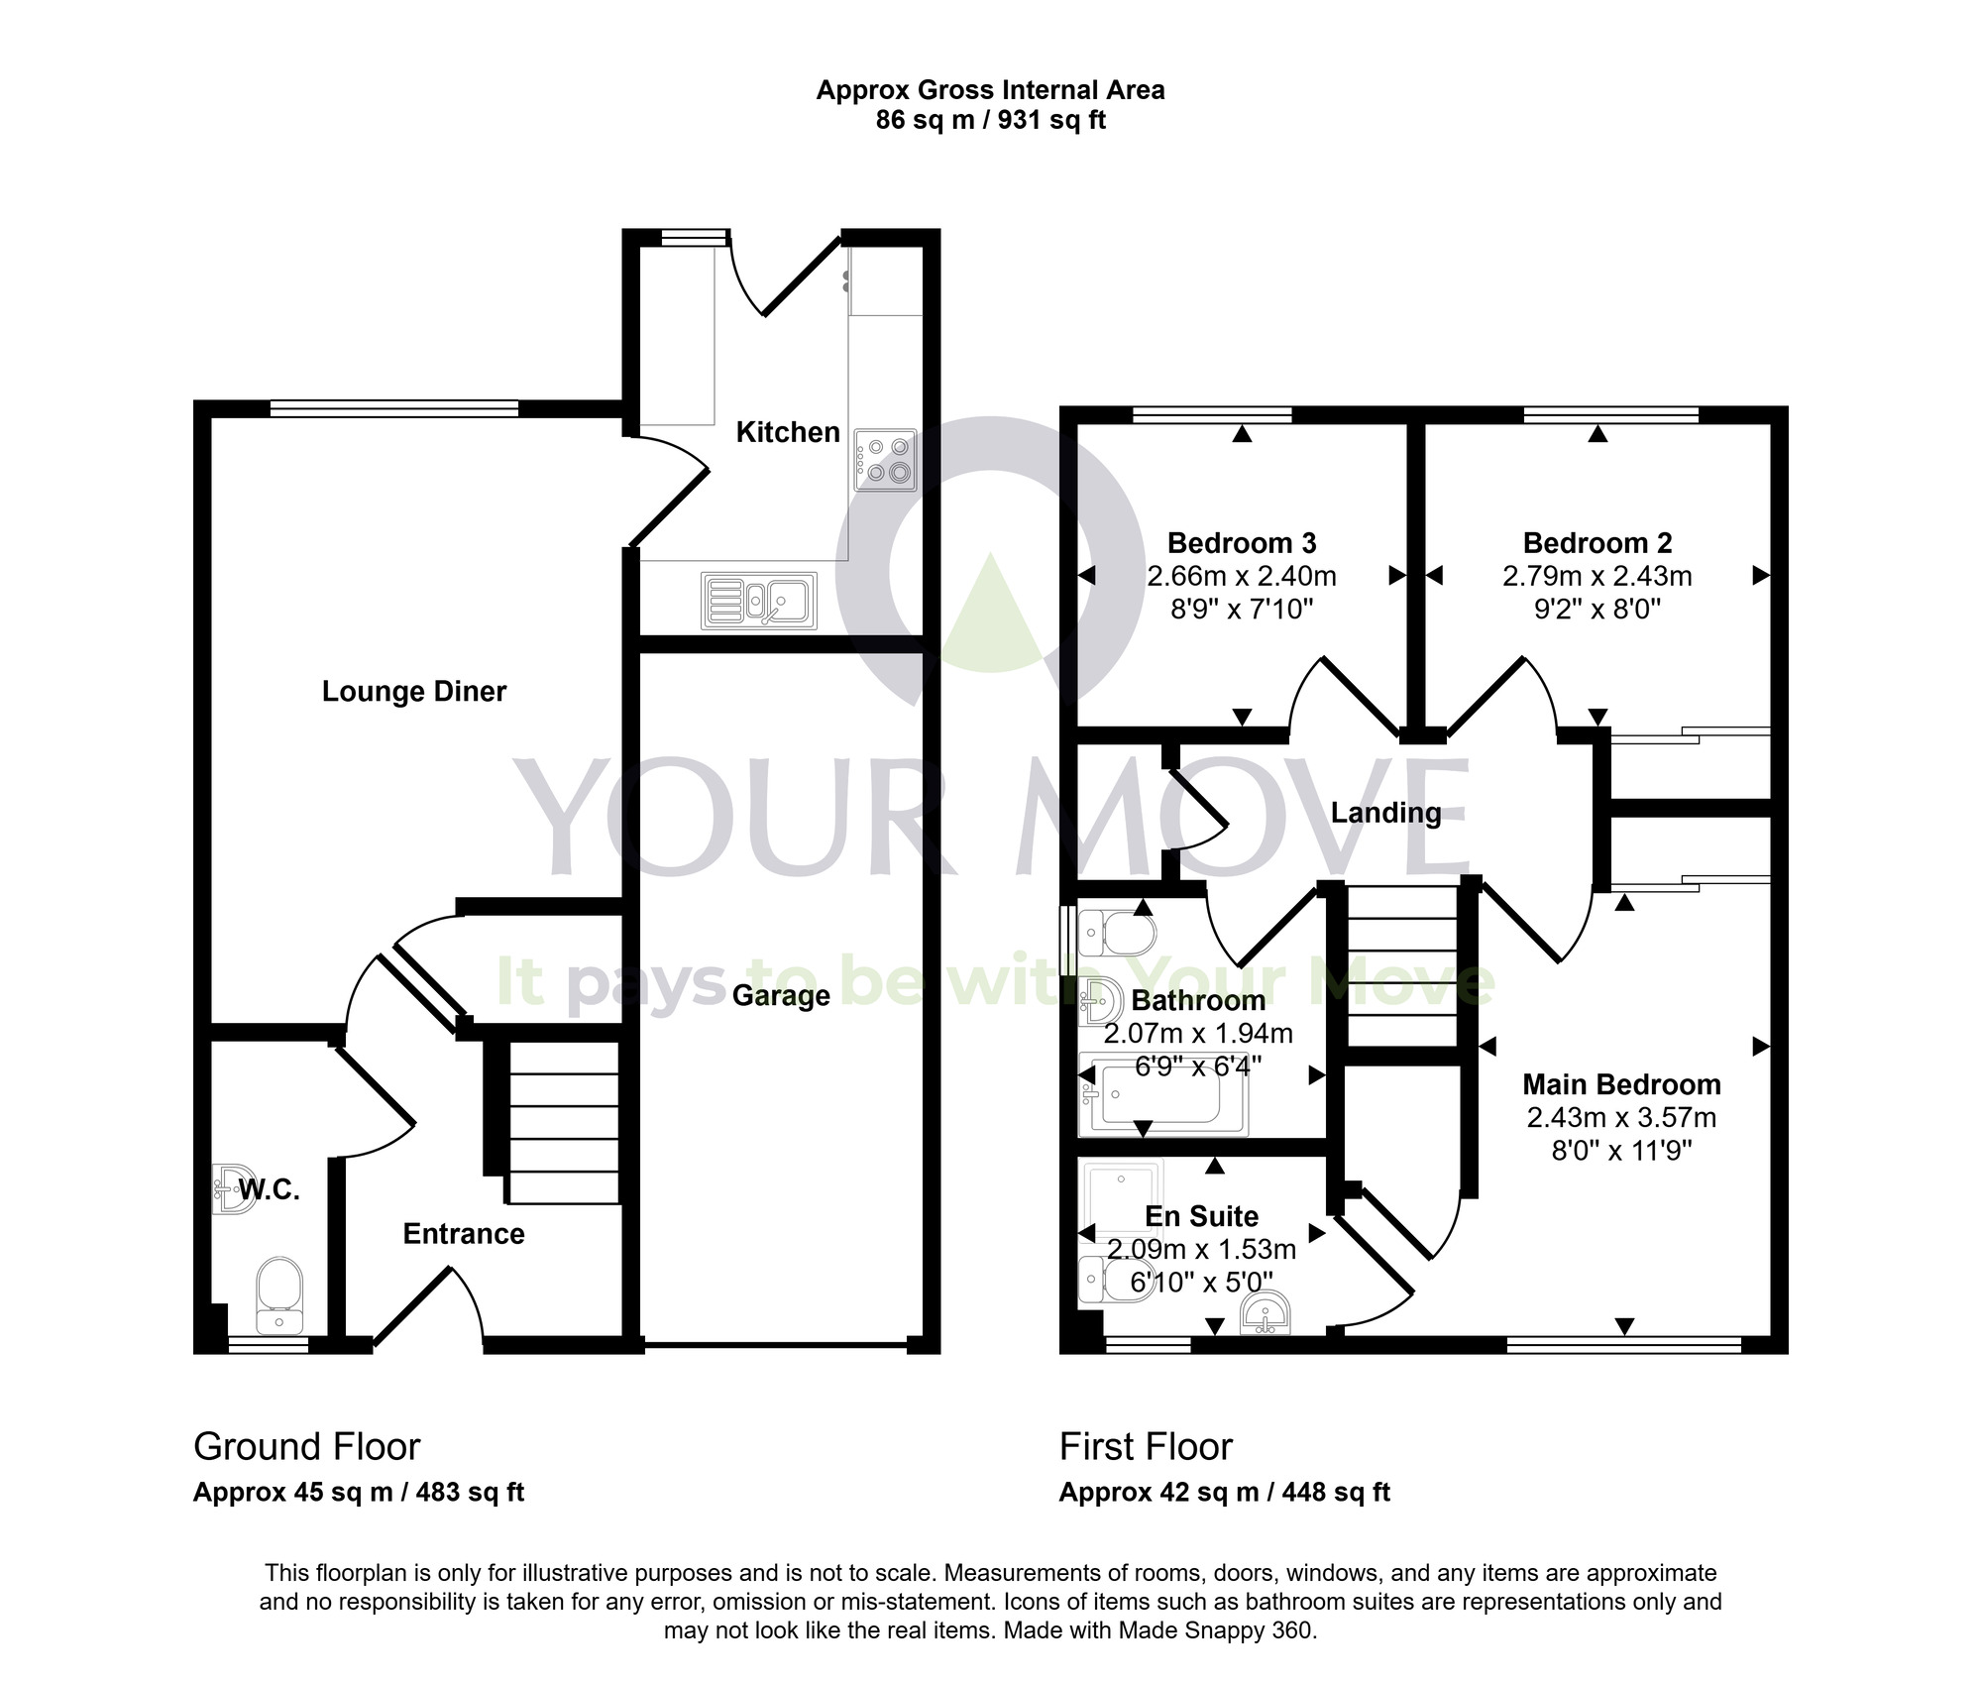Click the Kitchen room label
pos(788,432)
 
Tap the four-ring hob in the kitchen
pos(886,460)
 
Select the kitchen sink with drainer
pos(758,601)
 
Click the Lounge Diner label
pos(414,691)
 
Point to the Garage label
pos(781,995)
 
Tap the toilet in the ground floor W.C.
pos(279,1294)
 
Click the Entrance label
pos(464,1233)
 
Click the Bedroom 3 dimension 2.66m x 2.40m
pos(1242,576)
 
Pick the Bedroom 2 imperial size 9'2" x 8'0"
pos(1597,609)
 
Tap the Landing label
pos(1385,813)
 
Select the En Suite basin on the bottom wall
pos(1266,1314)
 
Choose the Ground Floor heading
pos(307,1446)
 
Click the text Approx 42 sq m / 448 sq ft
pos(1224,1492)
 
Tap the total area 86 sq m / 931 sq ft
pos(990,120)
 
